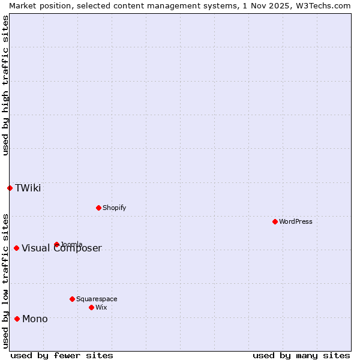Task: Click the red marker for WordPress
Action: pyautogui.click(x=275, y=221)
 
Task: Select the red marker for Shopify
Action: pyautogui.click(x=98, y=208)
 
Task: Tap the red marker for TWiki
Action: pyautogui.click(x=10, y=188)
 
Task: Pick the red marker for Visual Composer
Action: pyautogui.click(x=16, y=248)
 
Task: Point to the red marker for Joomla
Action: pyautogui.click(x=56, y=244)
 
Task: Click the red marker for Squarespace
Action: pyautogui.click(x=72, y=299)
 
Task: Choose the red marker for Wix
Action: pyautogui.click(x=91, y=307)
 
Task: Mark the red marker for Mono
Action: pyautogui.click(x=17, y=319)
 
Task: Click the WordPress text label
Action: pyautogui.click(x=296, y=221)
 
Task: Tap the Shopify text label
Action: pyautogui.click(x=114, y=208)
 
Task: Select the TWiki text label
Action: pyautogui.click(x=28, y=188)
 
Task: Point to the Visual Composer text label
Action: pyautogui.click(x=62, y=248)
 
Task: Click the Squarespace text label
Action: pyautogui.click(x=97, y=299)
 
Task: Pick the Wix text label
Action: pyautogui.click(x=101, y=307)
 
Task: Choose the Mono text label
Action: pyautogui.click(x=35, y=319)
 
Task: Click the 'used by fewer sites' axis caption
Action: pyautogui.click(x=62, y=355)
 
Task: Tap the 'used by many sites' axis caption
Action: pyautogui.click(x=301, y=355)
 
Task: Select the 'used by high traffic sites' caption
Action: pyautogui.click(x=5, y=85)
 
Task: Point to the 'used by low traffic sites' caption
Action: pyautogui.click(x=5, y=280)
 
